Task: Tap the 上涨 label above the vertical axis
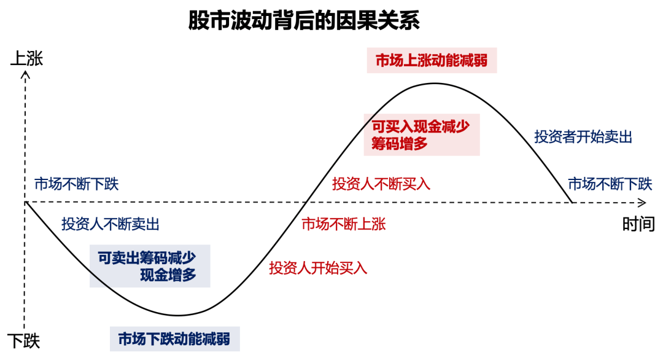coord(26,59)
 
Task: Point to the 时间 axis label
coord(638,225)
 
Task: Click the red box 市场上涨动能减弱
coord(432,61)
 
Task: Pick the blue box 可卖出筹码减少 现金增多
coord(150,265)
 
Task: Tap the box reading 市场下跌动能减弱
coord(174,338)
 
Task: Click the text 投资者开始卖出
coord(583,136)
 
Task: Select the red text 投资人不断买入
coord(381,183)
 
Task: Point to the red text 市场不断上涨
coord(344,224)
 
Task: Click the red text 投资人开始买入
coord(318,268)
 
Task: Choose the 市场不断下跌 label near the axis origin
coord(76,183)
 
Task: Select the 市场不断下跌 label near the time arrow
coord(610,183)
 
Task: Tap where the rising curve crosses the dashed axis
coord(304,202)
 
